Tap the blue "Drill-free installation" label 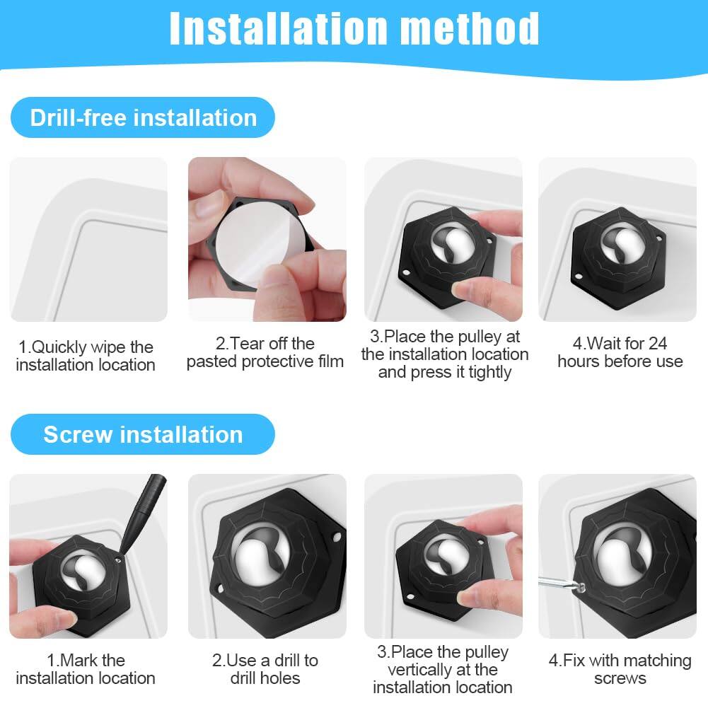143,117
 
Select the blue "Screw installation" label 143,434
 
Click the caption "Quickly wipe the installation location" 86,356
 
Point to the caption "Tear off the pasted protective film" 265,352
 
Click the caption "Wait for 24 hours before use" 620,352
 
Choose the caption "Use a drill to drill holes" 265,669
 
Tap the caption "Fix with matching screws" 620,669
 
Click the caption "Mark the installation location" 86,669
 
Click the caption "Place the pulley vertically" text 443,669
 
